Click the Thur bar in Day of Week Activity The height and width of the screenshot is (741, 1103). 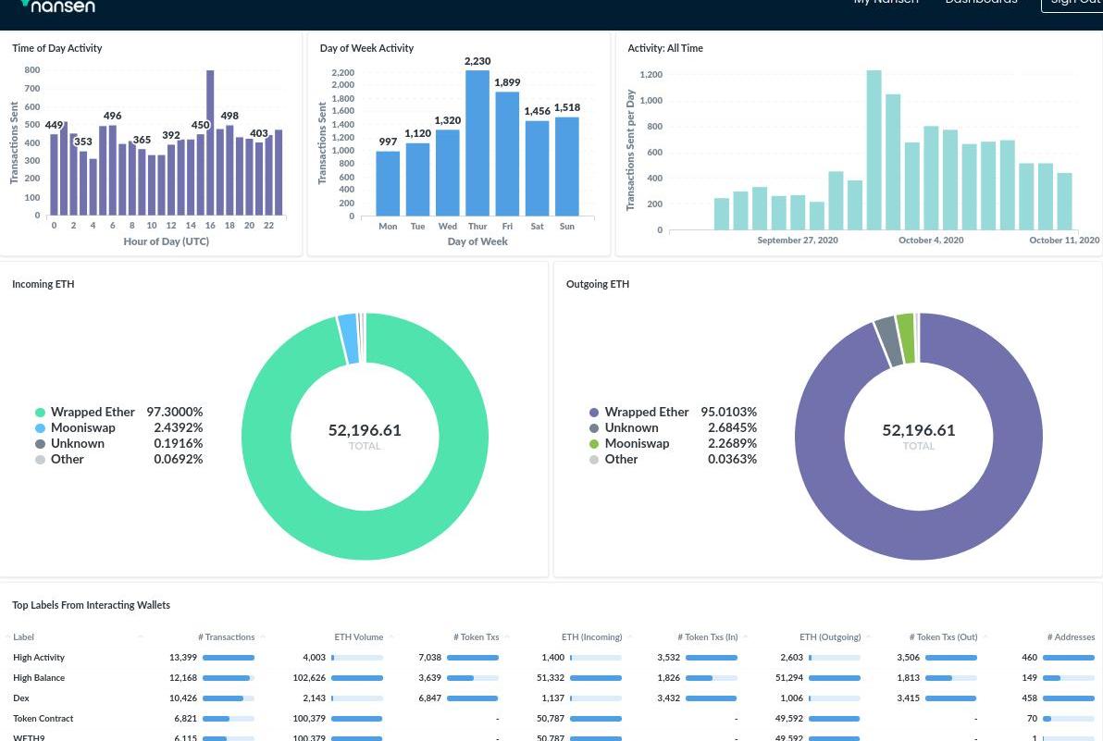pyautogui.click(x=477, y=143)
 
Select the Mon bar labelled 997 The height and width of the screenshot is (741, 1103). pyautogui.click(x=388, y=183)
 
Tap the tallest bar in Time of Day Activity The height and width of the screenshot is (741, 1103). pyautogui.click(x=210, y=143)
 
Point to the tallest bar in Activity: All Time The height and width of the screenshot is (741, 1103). pyautogui.click(x=874, y=150)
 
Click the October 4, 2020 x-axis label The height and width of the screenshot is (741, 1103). pyautogui.click(x=931, y=241)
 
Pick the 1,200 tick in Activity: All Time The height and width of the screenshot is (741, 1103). pyautogui.click(x=651, y=75)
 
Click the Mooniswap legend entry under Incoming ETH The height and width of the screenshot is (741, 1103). pyautogui.click(x=82, y=428)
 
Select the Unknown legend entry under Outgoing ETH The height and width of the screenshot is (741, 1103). pyautogui.click(x=631, y=428)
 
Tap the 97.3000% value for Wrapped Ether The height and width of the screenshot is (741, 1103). pyautogui.click(x=174, y=413)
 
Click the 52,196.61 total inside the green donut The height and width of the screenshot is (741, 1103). pyautogui.click(x=365, y=430)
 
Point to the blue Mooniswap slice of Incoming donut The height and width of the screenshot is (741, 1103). pyautogui.click(x=348, y=339)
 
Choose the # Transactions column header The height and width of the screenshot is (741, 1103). pyautogui.click(x=226, y=637)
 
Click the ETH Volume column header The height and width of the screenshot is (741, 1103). pyautogui.click(x=358, y=637)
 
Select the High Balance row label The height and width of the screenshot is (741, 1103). pyautogui.click(x=39, y=678)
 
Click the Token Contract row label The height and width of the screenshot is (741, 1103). pyautogui.click(x=43, y=719)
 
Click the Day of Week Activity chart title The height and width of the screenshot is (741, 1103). pyautogui.click(x=366, y=48)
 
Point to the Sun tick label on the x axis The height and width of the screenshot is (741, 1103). pyautogui.click(x=566, y=227)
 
